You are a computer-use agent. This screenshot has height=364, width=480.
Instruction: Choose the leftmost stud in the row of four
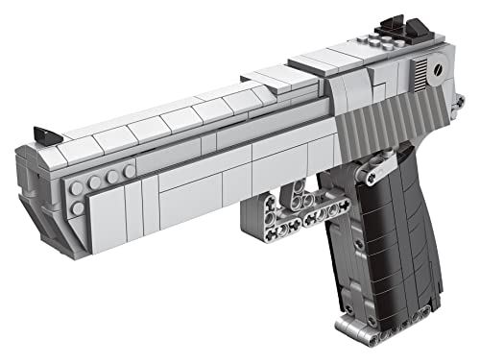coord(76,186)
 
